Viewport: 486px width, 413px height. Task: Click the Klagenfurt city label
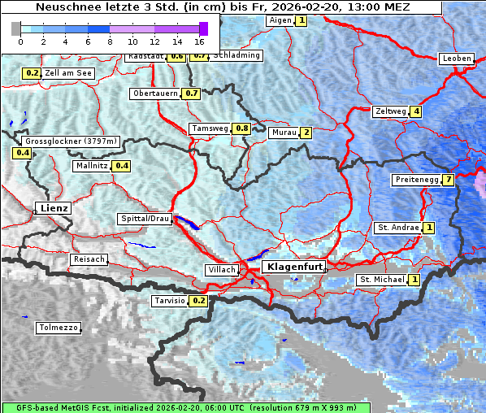296,267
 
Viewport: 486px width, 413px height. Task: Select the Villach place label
221,269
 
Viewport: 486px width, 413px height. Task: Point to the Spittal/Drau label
145,219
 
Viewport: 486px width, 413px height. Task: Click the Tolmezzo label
59,328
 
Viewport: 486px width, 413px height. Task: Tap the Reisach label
89,259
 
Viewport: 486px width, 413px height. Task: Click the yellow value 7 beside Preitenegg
449,180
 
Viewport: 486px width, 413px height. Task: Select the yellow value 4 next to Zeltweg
416,111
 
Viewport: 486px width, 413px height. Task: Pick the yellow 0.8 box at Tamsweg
241,128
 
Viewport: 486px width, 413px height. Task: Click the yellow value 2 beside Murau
306,133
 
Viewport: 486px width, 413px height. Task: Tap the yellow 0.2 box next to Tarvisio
198,301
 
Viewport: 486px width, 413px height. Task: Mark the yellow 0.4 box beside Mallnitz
121,166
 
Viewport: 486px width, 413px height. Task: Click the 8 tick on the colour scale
110,41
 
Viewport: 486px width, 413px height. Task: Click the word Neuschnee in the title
66,7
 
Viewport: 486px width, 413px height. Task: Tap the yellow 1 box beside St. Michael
414,280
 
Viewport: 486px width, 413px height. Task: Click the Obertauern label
154,93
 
